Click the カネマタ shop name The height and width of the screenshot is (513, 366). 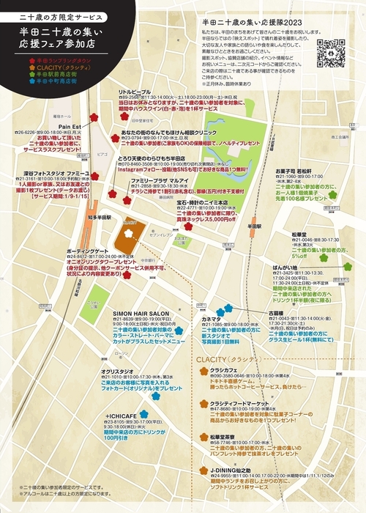pos(212,299)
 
